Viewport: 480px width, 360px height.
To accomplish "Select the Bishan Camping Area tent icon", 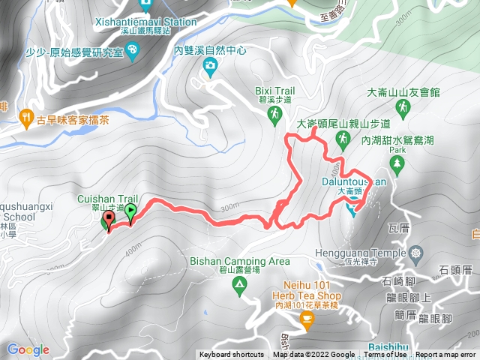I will [238, 284].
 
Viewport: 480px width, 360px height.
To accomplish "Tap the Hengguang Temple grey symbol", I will [416, 253].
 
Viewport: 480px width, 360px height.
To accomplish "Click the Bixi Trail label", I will [273, 88].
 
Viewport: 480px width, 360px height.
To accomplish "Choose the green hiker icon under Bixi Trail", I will [274, 114].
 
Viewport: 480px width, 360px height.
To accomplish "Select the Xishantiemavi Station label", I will [145, 22].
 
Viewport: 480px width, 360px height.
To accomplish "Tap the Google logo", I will [28, 349].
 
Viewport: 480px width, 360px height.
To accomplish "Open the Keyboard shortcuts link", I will [232, 355].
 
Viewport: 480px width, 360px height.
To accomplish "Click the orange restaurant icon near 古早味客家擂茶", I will [28, 118].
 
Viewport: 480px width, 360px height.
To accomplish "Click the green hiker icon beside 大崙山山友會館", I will [403, 110].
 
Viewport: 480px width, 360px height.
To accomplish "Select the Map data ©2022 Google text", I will [313, 355].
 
